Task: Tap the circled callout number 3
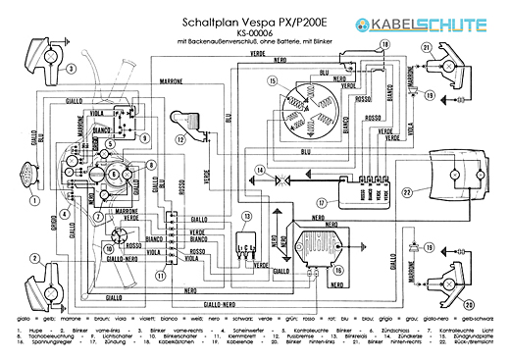pyautogui.click(x=71, y=69)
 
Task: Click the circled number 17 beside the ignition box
pyautogui.click(x=321, y=201)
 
